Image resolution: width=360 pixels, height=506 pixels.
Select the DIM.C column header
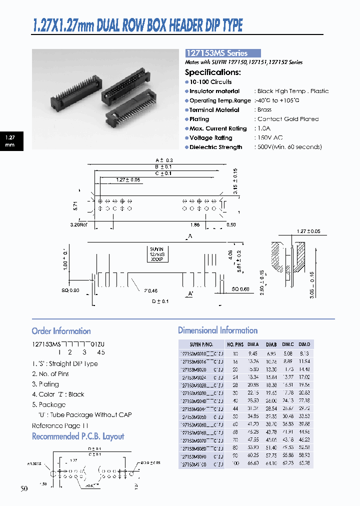(x=287, y=344)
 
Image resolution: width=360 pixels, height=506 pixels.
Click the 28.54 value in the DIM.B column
(x=271, y=408)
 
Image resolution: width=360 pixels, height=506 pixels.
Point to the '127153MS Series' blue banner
(x=223, y=53)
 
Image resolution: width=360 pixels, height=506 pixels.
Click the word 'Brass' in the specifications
(x=264, y=110)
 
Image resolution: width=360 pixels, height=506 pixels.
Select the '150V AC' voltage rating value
(x=270, y=137)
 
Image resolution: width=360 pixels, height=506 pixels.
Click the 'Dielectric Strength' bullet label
(x=215, y=147)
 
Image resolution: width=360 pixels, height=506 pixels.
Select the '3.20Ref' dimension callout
(x=78, y=225)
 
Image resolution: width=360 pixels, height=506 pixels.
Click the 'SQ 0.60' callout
(x=242, y=289)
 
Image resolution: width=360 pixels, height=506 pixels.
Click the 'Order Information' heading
(x=61, y=331)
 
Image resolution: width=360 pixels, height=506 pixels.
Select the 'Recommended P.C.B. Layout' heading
(x=78, y=436)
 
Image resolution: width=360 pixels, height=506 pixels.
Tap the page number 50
(x=24, y=488)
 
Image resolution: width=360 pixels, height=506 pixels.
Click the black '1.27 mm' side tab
(x=10, y=140)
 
